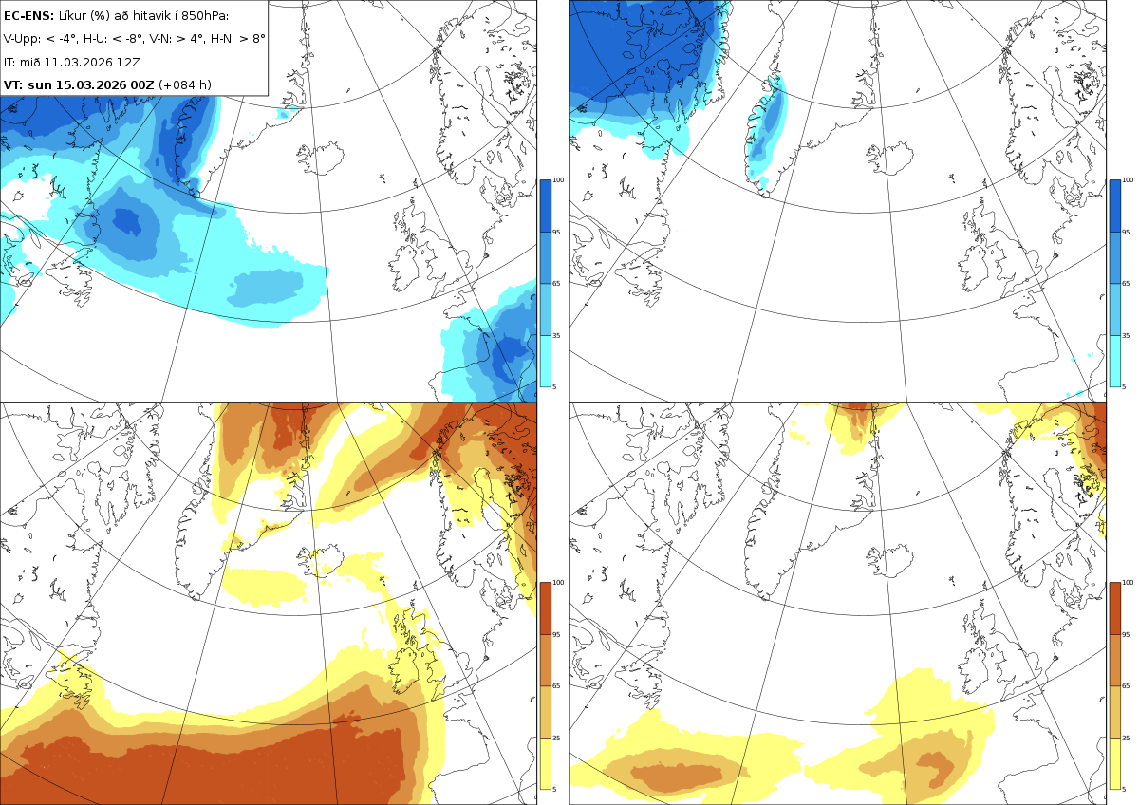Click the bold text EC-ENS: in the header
point(28,16)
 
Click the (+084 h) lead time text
point(185,84)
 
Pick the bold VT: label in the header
point(13,84)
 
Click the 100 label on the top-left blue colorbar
point(558,180)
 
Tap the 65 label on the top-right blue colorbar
point(1127,283)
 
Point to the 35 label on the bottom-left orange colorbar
point(556,738)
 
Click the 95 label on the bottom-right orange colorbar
point(1127,635)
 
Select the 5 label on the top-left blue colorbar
point(554,386)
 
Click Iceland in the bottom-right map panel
point(891,560)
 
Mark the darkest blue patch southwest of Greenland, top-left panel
point(127,222)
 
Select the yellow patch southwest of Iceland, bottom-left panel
point(265,587)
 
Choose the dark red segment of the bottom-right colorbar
point(1114,608)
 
